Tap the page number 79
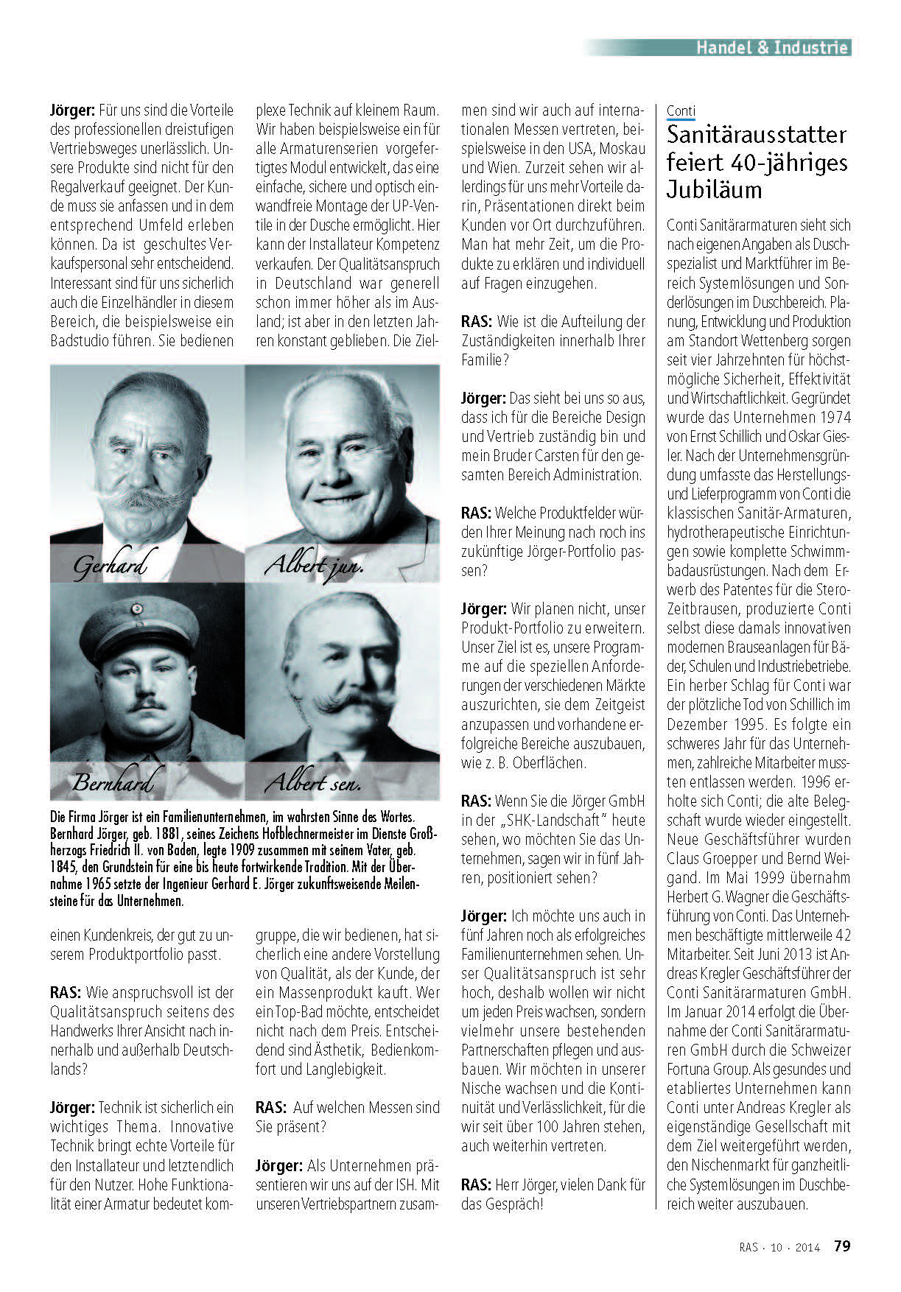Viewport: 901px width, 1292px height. tap(842, 1246)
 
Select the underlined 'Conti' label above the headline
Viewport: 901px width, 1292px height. tap(681, 111)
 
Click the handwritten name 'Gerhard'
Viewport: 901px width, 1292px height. tap(111, 566)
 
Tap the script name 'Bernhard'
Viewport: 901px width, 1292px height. tap(113, 782)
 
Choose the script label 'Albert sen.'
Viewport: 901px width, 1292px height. tap(313, 782)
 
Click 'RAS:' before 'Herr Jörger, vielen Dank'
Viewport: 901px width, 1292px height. tap(477, 1184)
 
